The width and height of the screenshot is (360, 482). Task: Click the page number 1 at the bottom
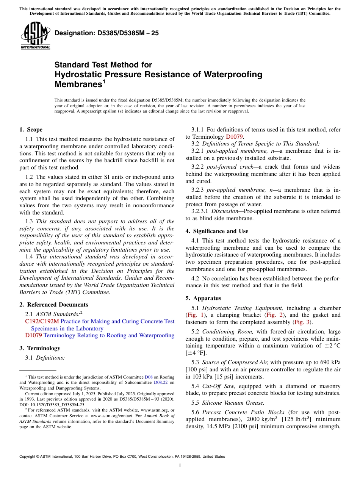(180, 466)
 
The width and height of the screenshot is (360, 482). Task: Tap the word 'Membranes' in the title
(78, 84)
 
